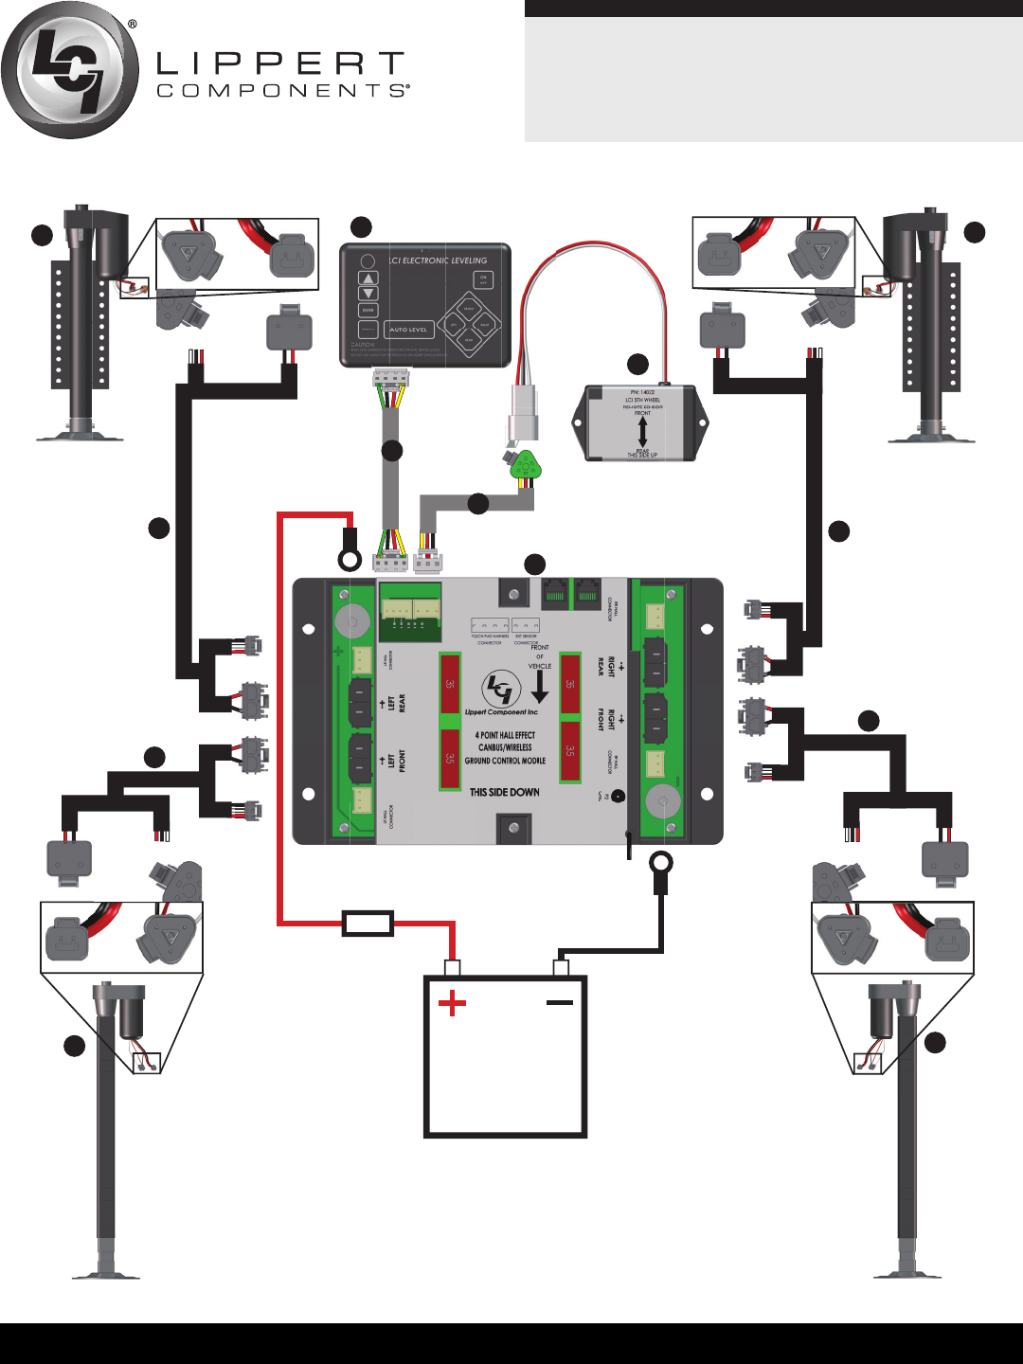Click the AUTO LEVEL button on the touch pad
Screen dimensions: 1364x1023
tap(409, 330)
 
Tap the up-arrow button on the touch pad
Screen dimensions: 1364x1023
tap(368, 278)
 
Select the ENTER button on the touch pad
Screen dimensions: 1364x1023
tap(368, 310)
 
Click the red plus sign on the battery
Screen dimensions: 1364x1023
tap(453, 1003)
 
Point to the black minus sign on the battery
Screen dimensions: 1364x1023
tap(560, 1002)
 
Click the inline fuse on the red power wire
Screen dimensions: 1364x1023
tap(368, 924)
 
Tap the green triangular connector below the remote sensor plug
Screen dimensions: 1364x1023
tap(524, 466)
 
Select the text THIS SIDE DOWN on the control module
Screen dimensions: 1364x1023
tap(505, 792)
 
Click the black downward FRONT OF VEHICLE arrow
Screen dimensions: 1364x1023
tap(540, 687)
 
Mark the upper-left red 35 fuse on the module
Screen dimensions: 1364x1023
tap(450, 683)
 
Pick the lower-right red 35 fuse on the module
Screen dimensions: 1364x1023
tap(569, 750)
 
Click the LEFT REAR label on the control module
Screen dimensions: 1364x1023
tap(397, 703)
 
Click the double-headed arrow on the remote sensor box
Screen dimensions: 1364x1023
tap(642, 432)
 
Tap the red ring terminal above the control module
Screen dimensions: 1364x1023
tap(350, 560)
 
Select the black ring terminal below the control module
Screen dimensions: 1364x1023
tap(660, 863)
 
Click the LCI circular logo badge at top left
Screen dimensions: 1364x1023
tap(70, 70)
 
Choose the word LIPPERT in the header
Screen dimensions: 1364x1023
tap(280, 64)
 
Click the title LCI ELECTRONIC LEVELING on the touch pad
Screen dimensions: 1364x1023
tap(439, 260)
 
